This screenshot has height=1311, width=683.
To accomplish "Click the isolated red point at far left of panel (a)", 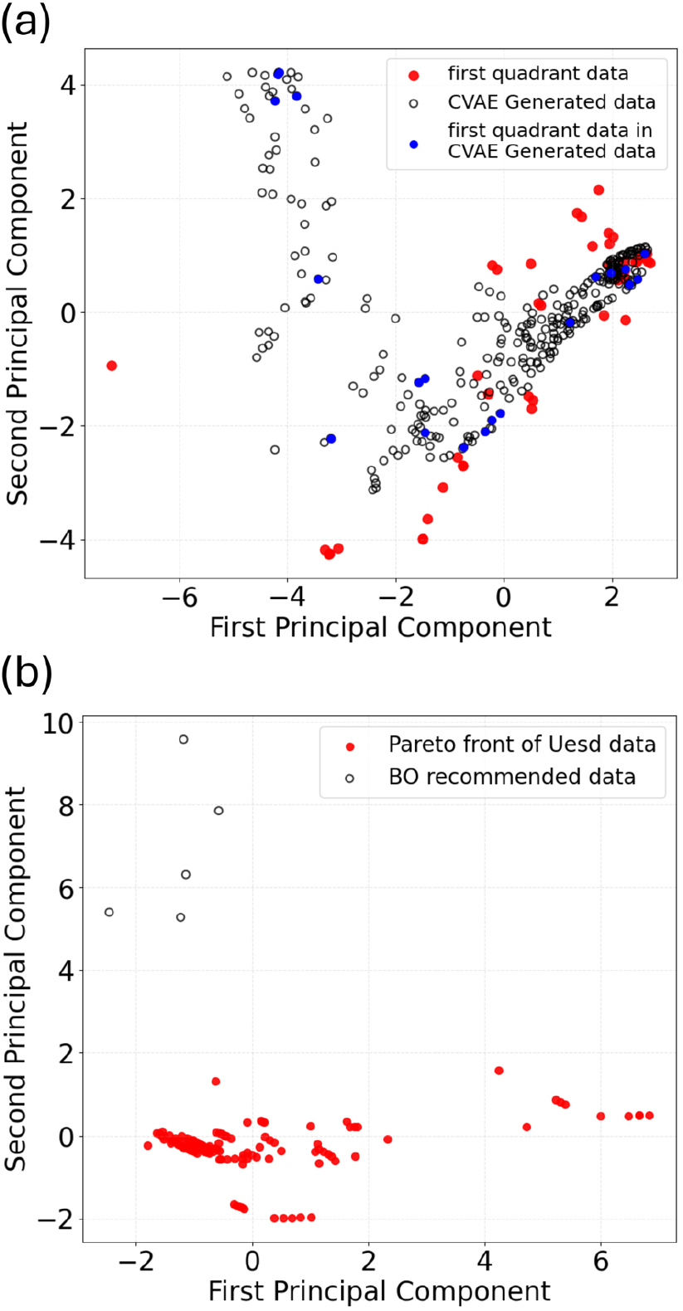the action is pos(112,366).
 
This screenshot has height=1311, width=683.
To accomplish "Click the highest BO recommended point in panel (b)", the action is pos(183,739).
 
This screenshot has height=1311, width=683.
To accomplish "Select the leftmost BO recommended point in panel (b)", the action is pos(109,912).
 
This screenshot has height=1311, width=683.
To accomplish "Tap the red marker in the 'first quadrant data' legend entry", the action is pos(414,75).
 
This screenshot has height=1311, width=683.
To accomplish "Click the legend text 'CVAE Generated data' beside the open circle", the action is pos(551,102).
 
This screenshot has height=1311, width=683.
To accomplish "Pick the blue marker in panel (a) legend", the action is pos(414,144).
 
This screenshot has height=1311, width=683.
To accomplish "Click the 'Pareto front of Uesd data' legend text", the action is pos(522,744).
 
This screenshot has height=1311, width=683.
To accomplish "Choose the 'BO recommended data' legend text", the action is pos(512,777).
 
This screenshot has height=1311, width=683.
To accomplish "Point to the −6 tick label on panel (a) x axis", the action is pos(180,598).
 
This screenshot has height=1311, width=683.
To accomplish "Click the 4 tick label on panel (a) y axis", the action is pos(69,86).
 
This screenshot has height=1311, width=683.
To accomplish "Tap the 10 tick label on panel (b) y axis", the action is pos(58,724).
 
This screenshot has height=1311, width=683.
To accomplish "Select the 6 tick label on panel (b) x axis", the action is pos(601,1261).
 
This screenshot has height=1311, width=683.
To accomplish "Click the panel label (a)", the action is pos(26,23).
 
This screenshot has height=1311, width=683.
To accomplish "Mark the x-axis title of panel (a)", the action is pos(380,627).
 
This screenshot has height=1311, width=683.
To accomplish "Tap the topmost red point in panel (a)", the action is pos(598,190).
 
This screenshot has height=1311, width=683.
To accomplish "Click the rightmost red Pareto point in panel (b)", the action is pos(649,1115).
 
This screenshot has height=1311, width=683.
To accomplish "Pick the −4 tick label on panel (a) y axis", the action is pos(57,540).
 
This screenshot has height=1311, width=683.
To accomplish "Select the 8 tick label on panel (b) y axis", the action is pos(66,807).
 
